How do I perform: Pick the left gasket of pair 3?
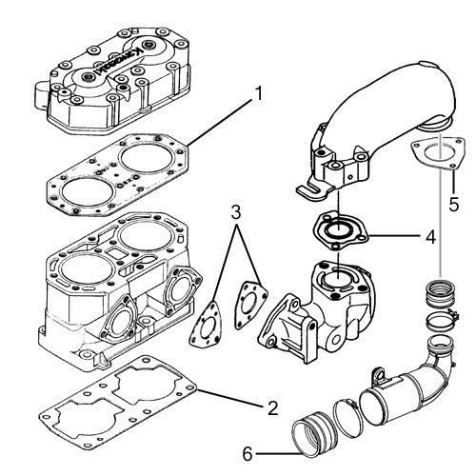click(x=205, y=325)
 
